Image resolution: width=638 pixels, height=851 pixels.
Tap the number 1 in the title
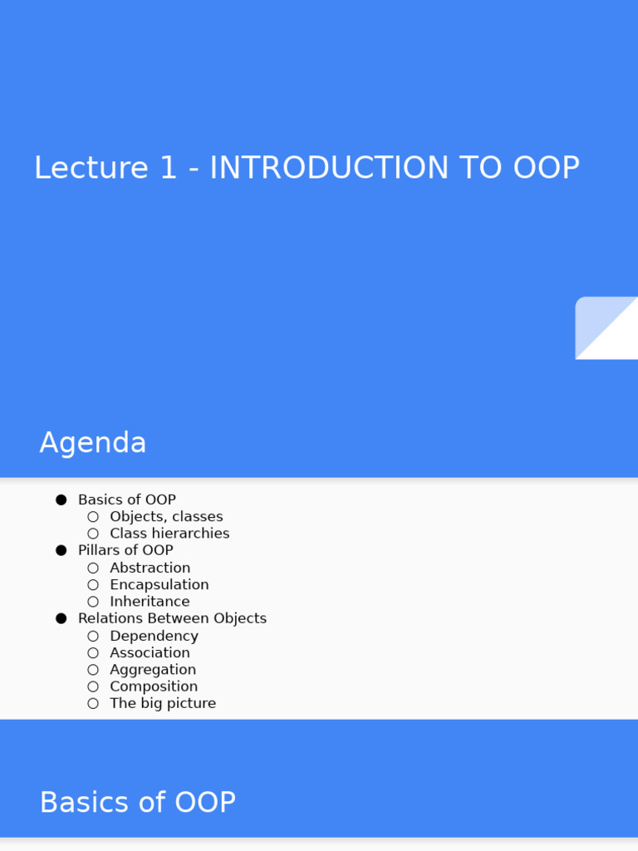point(169,168)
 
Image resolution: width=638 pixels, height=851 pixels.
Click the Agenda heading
point(93,443)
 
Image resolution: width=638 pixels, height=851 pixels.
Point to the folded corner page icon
point(606,328)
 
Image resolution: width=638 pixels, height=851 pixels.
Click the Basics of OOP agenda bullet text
point(127,499)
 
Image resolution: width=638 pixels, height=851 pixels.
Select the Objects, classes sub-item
point(166,517)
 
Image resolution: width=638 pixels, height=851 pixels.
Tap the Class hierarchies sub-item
point(169,534)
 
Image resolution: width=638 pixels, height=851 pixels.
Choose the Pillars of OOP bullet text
point(125,550)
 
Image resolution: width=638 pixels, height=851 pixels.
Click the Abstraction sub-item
point(150,568)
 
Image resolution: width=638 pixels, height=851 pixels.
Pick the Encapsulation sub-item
point(159,585)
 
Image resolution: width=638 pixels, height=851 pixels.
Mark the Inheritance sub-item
point(150,602)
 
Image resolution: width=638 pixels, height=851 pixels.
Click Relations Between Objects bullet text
point(172,618)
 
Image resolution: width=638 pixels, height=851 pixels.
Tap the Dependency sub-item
point(155,636)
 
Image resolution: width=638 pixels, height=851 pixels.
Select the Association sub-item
point(150,653)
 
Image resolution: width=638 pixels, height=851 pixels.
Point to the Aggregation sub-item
point(153,670)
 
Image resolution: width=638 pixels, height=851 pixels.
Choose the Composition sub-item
point(154,686)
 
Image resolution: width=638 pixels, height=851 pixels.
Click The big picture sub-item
point(163,704)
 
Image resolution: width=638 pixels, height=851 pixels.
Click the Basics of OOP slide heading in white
point(138,803)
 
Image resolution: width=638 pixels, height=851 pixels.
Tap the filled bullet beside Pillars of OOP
point(61,550)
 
